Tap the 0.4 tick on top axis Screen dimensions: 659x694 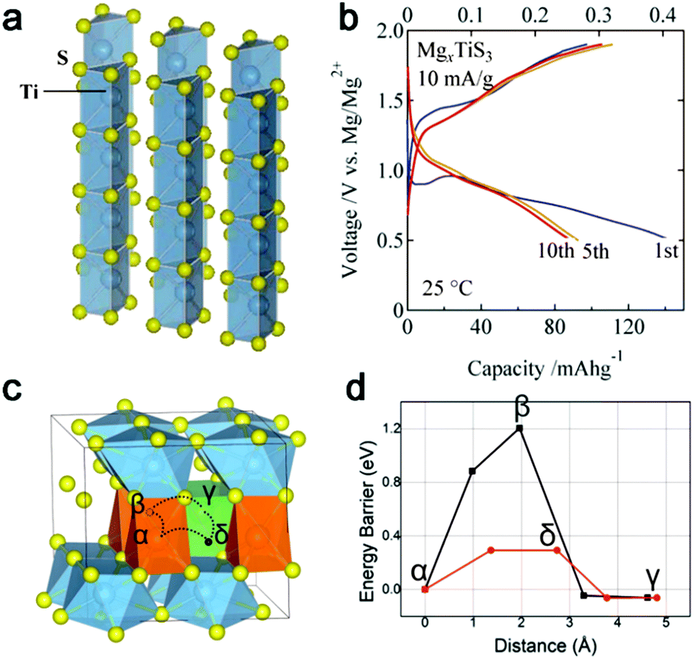click(665, 12)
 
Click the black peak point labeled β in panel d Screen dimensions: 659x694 click(520, 428)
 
